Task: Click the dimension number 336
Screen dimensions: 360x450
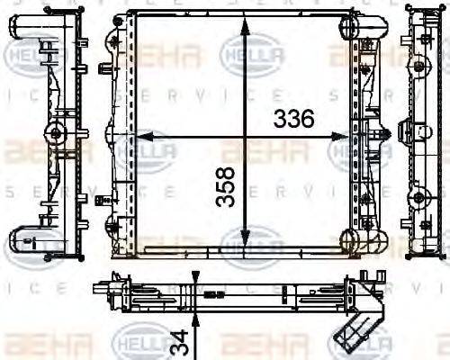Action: [293, 117]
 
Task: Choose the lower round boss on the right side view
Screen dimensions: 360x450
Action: [419, 198]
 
